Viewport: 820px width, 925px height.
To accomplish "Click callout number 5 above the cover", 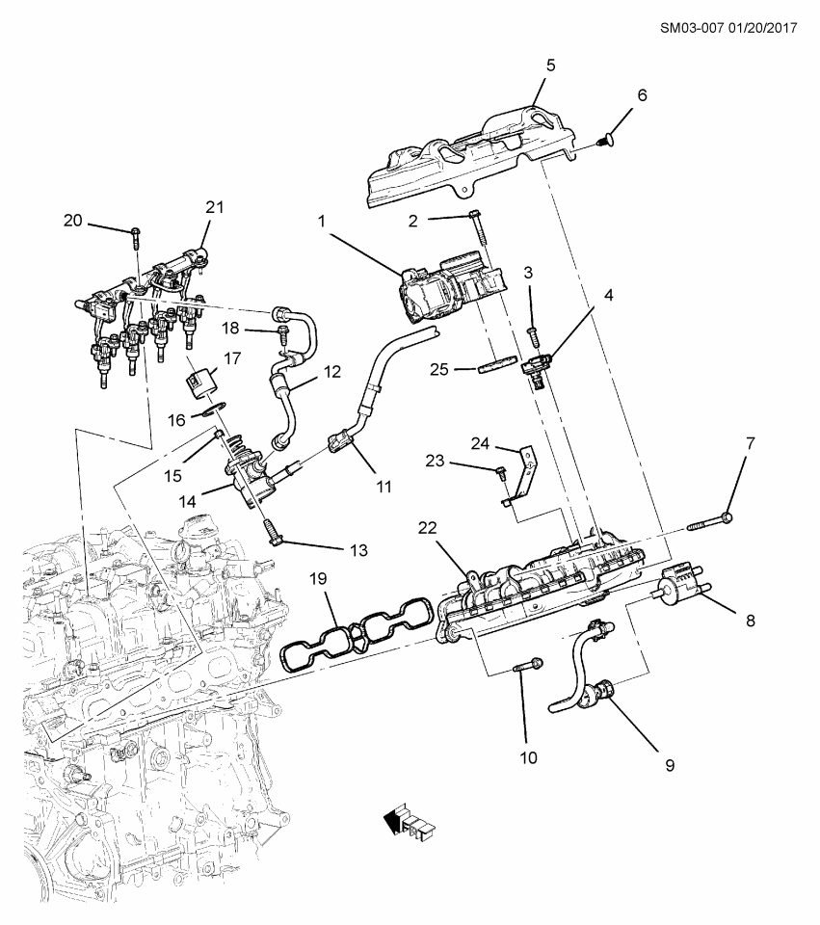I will point(550,66).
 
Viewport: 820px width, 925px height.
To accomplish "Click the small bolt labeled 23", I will point(501,471).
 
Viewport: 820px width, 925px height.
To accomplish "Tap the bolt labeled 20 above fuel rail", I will point(136,233).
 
